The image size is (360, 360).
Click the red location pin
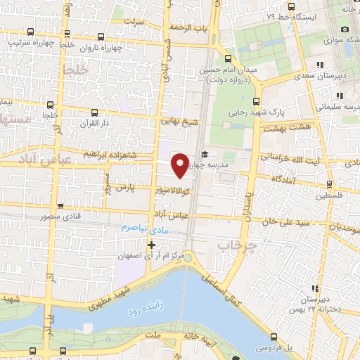[180, 165]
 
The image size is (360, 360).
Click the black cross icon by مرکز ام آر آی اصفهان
[151, 245]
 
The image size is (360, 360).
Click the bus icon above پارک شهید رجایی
[257, 100]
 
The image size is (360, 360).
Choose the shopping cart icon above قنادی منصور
[61, 206]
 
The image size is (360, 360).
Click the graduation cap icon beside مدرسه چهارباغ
[205, 155]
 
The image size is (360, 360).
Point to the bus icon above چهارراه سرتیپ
[30, 32]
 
